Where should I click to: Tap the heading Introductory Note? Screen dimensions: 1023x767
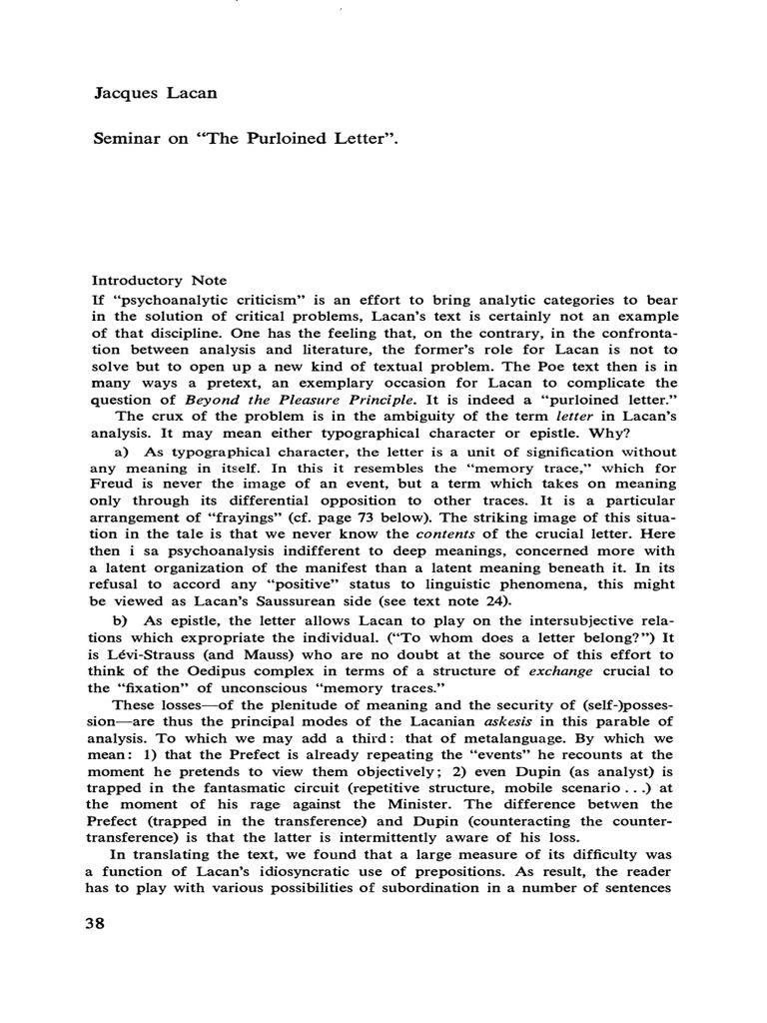(x=160, y=281)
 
